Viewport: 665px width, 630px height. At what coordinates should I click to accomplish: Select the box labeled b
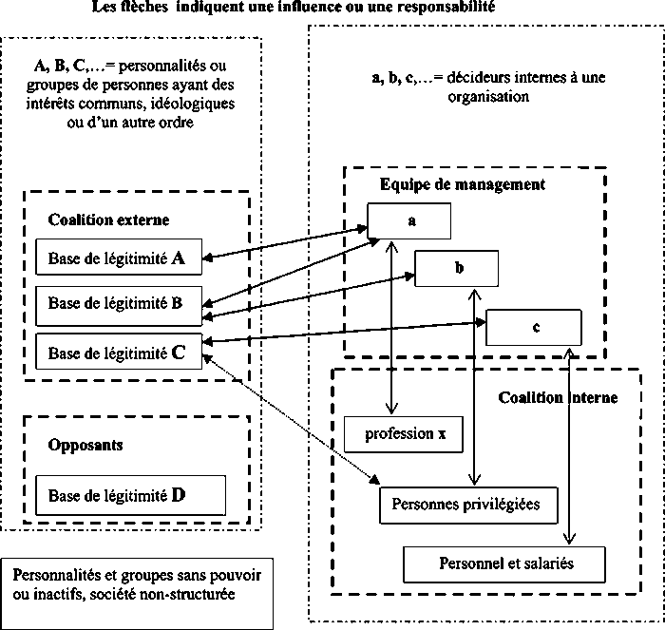tap(460, 269)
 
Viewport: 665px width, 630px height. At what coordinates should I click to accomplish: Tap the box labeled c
tap(535, 327)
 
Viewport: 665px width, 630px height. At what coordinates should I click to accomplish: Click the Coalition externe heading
tap(108, 220)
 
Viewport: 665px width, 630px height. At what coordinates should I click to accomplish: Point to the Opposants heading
tap(85, 444)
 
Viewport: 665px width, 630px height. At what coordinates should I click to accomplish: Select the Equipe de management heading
tap(462, 184)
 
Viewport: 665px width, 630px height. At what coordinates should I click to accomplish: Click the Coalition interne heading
tap(558, 397)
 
